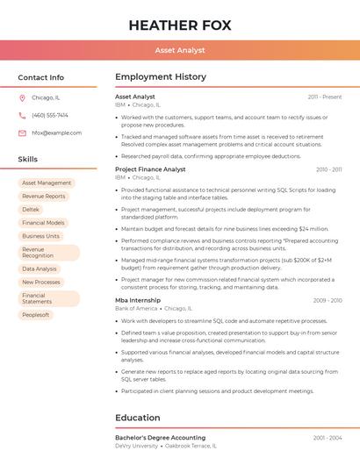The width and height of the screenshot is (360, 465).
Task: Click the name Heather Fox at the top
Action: (x=179, y=25)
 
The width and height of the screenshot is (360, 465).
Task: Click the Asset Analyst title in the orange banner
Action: (x=179, y=51)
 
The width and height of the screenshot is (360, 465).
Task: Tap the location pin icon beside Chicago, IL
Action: (x=22, y=98)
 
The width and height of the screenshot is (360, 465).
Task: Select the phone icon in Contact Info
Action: (x=22, y=116)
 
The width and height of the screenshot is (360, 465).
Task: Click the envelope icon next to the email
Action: (x=22, y=133)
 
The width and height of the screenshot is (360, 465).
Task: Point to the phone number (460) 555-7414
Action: (x=50, y=116)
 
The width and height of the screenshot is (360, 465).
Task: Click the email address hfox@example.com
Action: (x=56, y=133)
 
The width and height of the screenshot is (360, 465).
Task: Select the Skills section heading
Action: (x=28, y=160)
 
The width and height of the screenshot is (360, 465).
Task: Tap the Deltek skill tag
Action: (x=31, y=210)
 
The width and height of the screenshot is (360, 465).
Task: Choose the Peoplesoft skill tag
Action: (x=36, y=315)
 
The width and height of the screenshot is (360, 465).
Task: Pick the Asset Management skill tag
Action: (x=47, y=183)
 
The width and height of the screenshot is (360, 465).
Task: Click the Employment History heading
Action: (x=161, y=77)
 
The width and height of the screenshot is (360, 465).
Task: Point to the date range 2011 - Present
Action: (x=324, y=97)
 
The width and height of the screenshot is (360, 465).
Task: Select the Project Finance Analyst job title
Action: (x=150, y=169)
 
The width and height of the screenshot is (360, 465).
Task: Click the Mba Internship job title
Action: (x=138, y=300)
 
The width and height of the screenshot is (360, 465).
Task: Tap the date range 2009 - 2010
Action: (x=327, y=300)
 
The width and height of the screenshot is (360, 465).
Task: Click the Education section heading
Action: (x=138, y=418)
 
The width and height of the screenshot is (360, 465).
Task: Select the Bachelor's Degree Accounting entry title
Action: (x=160, y=437)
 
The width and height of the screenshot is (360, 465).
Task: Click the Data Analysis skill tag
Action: (x=40, y=269)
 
